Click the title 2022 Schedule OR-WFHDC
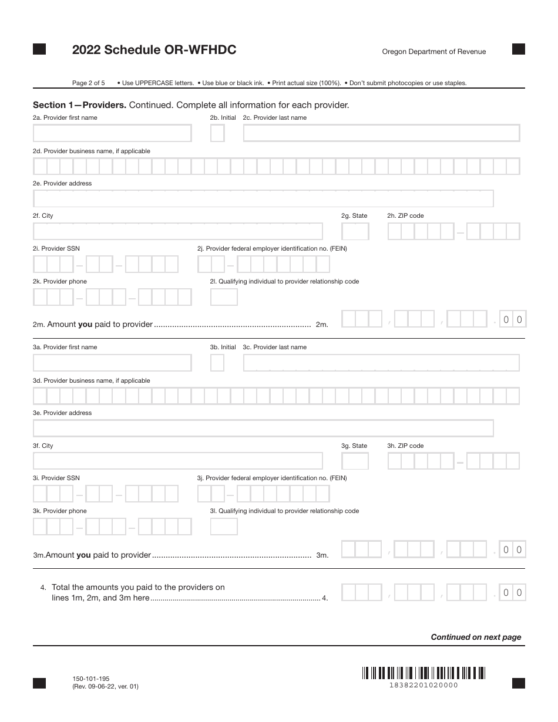154,50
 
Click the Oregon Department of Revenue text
433,52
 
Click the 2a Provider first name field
112,133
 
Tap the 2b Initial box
217,133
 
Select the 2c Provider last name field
381,133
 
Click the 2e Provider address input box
263,199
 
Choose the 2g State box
355,231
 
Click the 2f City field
177,231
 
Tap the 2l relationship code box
224,297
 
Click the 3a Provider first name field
112,363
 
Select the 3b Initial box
217,363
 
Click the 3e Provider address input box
263,429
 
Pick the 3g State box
355,461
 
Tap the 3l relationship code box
224,527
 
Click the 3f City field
177,461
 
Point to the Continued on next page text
476,637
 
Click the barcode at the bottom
423,673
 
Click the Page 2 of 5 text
88,83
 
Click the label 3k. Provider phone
60,511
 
